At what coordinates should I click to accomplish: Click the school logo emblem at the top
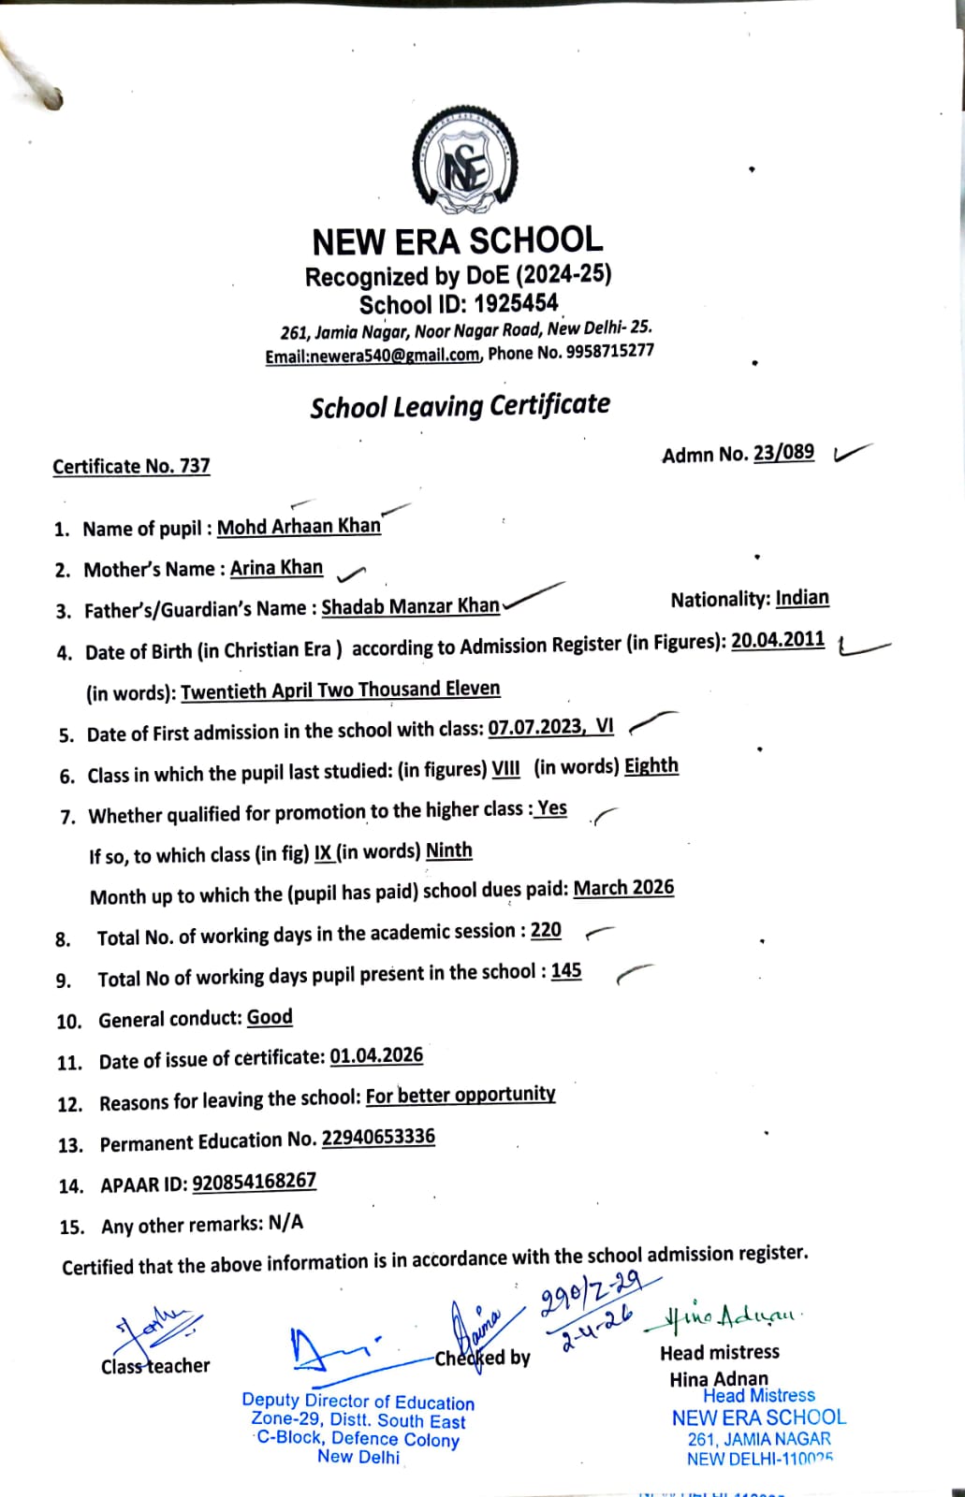click(x=465, y=161)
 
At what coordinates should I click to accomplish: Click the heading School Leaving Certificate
click(x=460, y=406)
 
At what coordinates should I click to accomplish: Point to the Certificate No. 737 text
click(x=131, y=466)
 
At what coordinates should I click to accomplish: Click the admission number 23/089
click(x=783, y=453)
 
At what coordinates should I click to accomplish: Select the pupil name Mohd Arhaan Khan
click(x=299, y=527)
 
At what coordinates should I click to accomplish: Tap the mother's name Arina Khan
click(x=276, y=568)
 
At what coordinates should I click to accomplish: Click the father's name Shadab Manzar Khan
click(x=410, y=606)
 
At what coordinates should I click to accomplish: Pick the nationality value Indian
click(x=802, y=598)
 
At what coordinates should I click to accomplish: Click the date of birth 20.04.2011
click(x=778, y=640)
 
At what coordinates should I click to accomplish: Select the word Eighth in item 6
click(x=651, y=765)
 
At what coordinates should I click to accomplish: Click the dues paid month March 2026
click(x=623, y=888)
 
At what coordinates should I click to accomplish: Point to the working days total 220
click(x=546, y=930)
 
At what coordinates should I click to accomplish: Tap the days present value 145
click(x=566, y=971)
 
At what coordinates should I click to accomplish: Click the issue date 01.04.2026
click(x=376, y=1056)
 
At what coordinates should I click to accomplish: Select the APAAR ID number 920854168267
click(x=254, y=1182)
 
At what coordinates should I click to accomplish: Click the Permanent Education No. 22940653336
click(x=378, y=1138)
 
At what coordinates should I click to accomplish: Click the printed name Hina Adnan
click(x=718, y=1378)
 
